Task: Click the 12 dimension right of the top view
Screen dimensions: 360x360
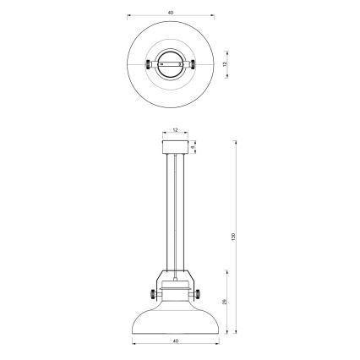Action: (x=225, y=64)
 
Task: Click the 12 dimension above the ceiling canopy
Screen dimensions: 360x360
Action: (x=174, y=130)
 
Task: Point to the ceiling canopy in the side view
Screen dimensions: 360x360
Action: (x=175, y=147)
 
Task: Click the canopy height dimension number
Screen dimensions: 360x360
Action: (x=193, y=147)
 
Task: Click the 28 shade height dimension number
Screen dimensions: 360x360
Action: (x=224, y=302)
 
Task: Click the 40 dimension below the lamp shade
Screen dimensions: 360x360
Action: (x=175, y=341)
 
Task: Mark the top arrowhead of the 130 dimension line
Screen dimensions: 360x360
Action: (x=234, y=142)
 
